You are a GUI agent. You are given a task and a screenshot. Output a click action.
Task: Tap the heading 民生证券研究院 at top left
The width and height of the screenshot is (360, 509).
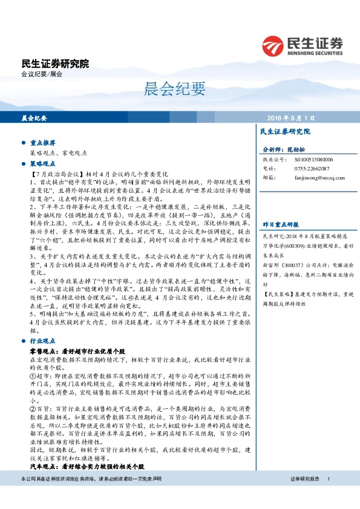click(55, 63)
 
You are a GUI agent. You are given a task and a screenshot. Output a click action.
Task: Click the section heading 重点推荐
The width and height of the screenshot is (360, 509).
click(43, 143)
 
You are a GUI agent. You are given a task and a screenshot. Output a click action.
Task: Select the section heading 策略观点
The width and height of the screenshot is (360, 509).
click(43, 163)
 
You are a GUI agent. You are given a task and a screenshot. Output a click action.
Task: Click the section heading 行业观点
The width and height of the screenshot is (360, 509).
click(43, 342)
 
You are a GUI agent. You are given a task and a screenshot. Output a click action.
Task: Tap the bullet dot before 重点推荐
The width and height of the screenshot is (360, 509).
click(23, 143)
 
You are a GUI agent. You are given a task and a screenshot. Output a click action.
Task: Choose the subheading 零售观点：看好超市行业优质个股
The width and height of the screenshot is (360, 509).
click(87, 351)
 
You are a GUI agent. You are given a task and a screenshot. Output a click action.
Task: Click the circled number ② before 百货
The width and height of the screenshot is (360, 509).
click(33, 409)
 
